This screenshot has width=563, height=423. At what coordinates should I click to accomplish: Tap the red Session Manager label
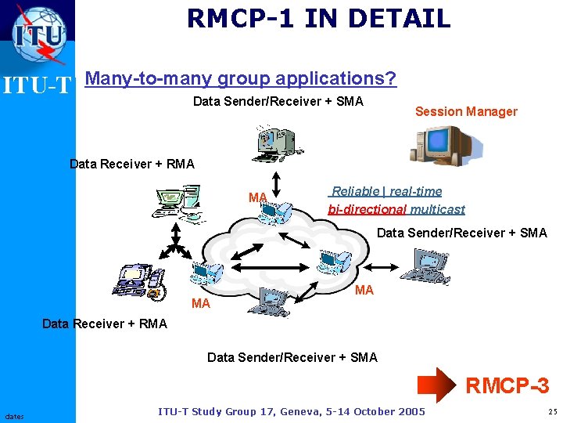click(466, 111)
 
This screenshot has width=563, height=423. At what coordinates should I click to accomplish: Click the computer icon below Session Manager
click(441, 145)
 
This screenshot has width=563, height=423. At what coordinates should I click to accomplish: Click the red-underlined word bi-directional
click(368, 209)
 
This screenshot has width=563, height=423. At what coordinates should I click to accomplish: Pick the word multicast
click(438, 209)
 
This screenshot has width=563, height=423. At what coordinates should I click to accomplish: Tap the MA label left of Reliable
click(258, 197)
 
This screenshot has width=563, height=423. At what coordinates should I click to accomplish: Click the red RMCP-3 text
click(507, 385)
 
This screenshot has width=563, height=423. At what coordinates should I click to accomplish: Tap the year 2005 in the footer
click(410, 412)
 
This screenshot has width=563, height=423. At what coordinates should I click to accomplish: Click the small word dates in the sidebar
click(14, 416)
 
